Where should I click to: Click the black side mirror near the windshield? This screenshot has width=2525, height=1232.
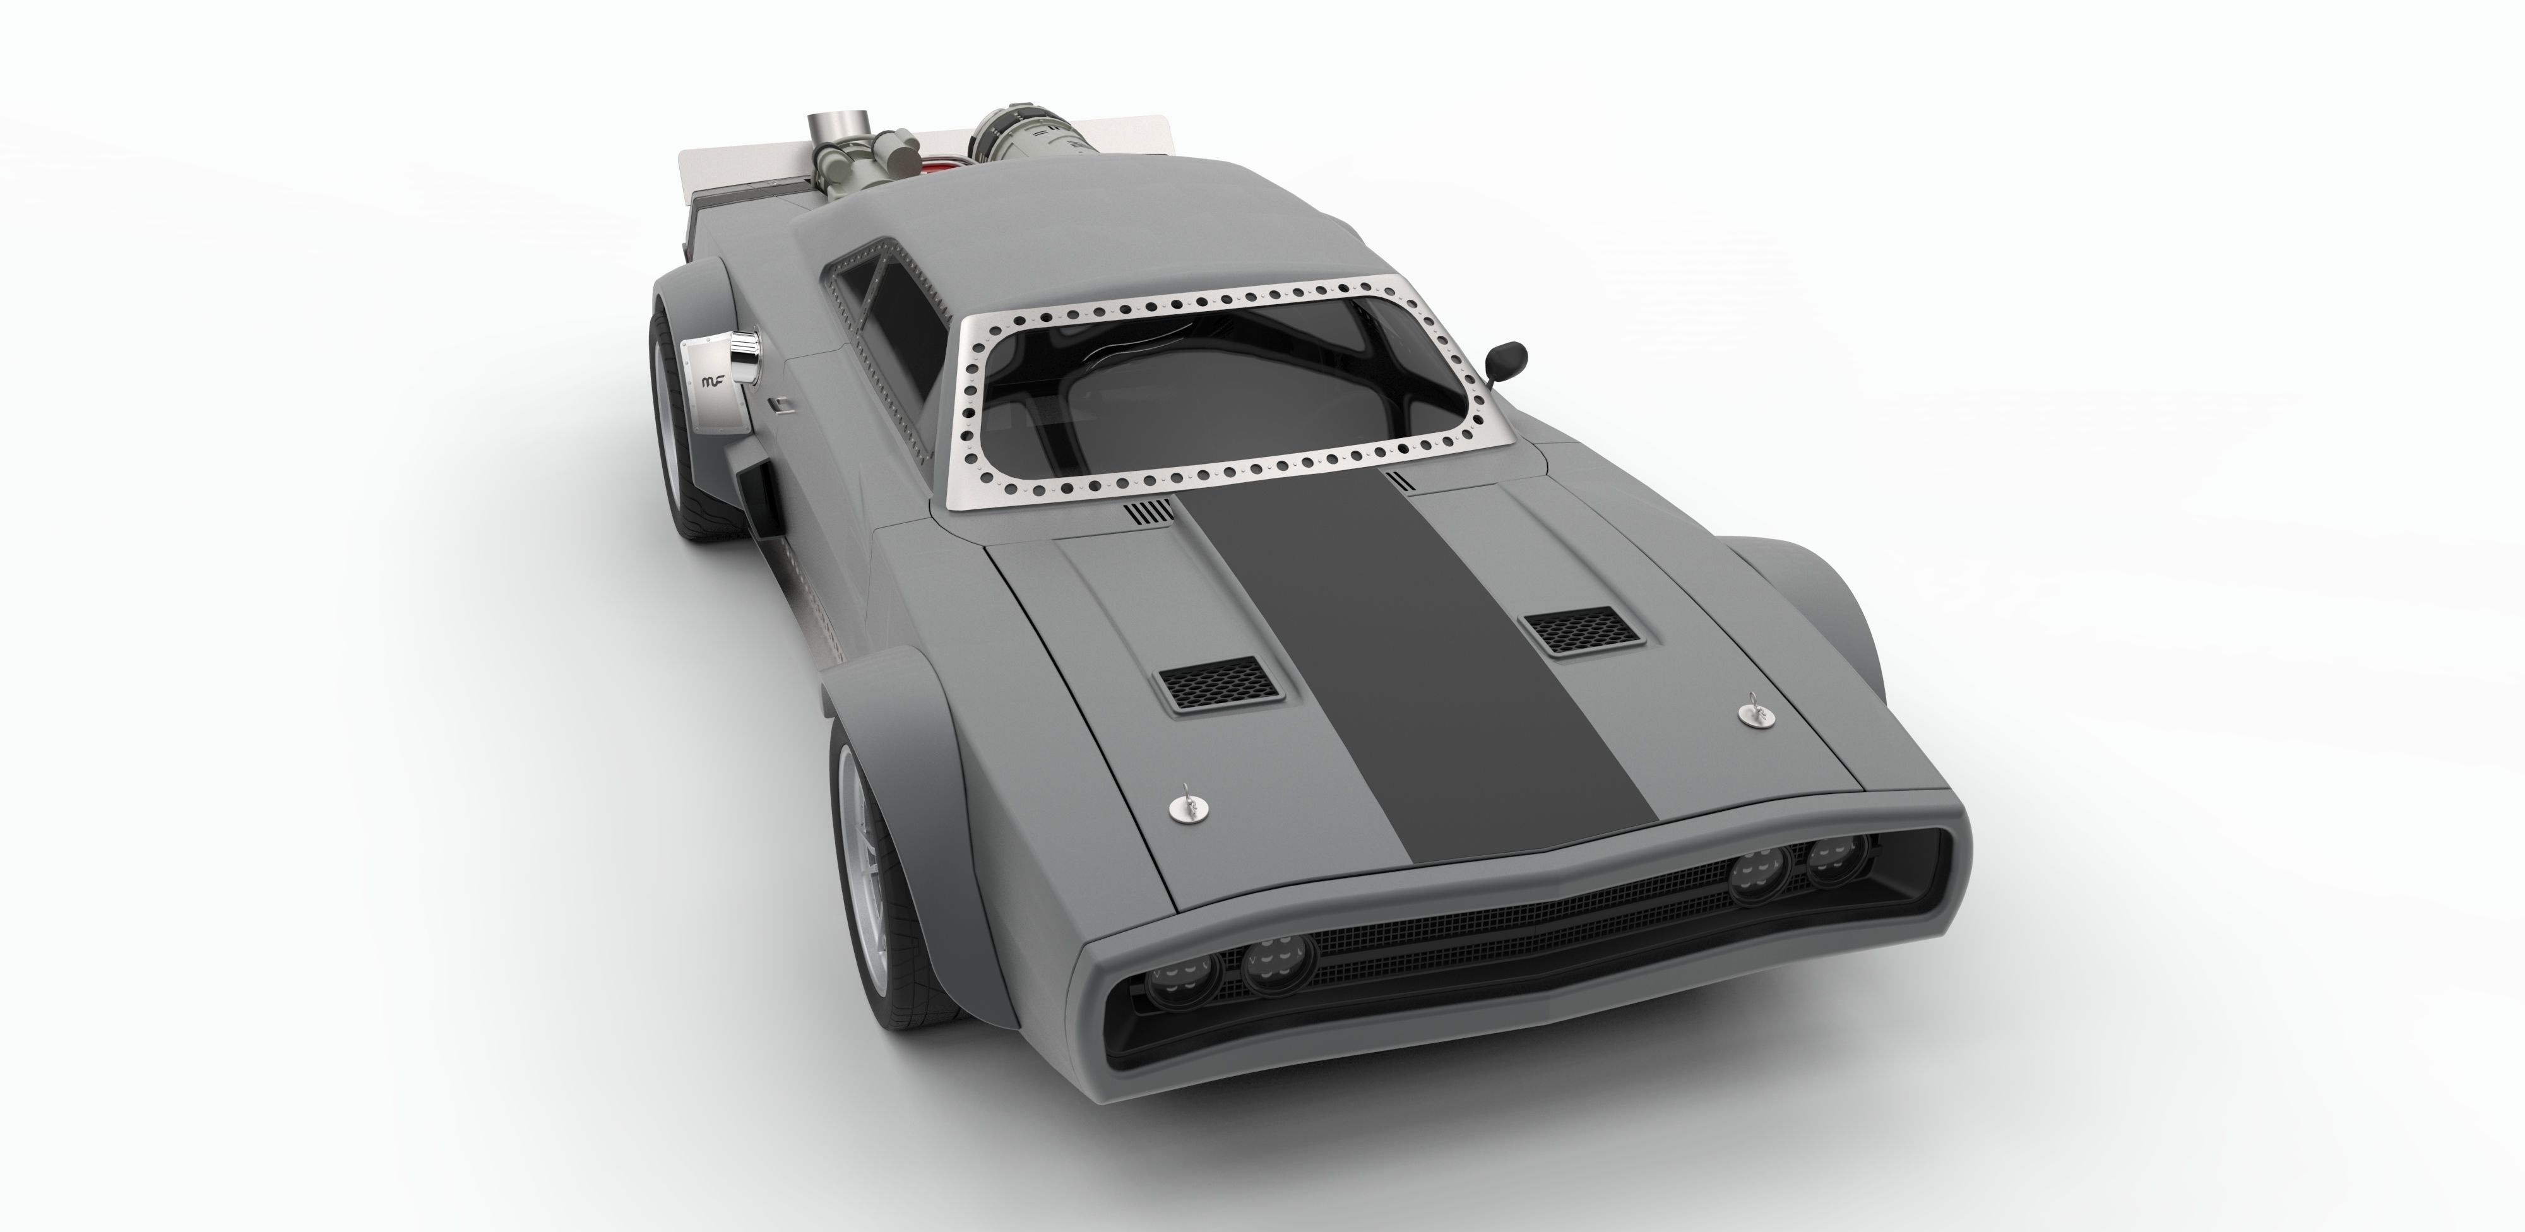coord(1507,355)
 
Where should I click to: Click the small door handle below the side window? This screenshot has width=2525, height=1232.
coord(776,403)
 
